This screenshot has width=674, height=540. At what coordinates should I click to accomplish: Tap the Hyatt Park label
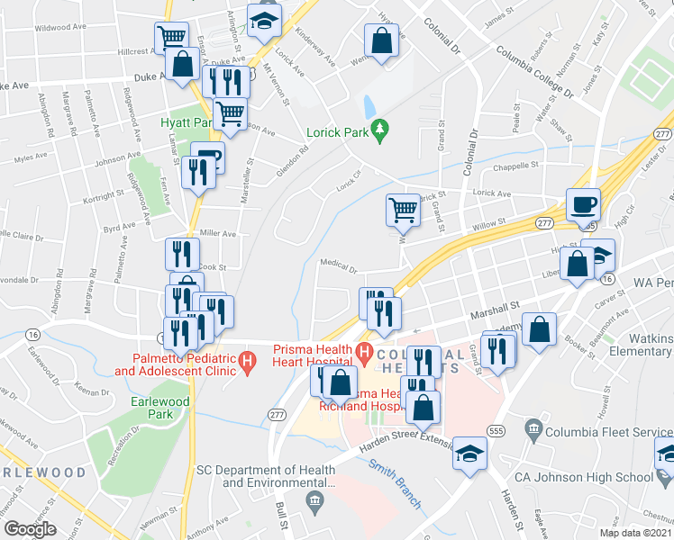[186, 122]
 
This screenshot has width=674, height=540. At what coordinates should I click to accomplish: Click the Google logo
[30, 529]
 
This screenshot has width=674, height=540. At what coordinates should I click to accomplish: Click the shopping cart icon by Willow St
[403, 211]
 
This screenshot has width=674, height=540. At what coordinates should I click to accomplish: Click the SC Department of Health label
[267, 476]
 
